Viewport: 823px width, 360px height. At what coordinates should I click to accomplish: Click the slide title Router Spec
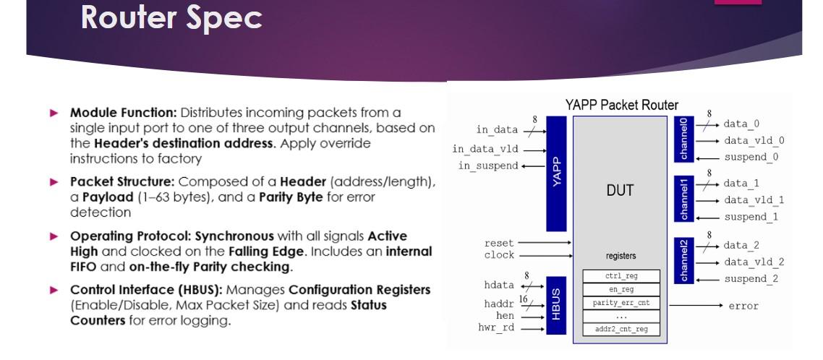coord(171,18)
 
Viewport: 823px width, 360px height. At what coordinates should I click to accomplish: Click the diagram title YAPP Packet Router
coord(621,106)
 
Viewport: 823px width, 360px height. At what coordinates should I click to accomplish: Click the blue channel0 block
coord(683,140)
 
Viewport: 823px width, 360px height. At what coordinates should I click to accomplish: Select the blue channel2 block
coord(683,261)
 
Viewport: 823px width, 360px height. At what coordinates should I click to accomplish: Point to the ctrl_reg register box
coord(621,275)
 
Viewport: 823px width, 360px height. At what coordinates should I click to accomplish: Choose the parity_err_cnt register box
coord(621,303)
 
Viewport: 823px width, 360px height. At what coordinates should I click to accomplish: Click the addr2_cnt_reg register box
coord(621,330)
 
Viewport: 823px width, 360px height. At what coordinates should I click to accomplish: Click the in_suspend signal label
coord(488,166)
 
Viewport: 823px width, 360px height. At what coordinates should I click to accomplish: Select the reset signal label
coord(499,243)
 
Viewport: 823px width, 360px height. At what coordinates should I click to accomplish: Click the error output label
coord(743,306)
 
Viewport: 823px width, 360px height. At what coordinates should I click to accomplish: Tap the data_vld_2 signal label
coord(754,262)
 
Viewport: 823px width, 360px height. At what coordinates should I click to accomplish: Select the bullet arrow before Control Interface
coord(59,290)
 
